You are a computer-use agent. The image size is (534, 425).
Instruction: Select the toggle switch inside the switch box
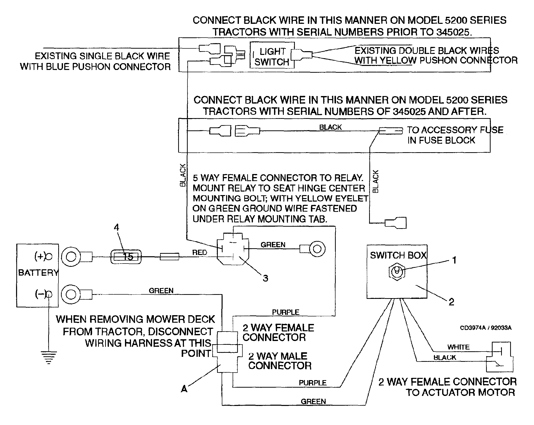coord(397,272)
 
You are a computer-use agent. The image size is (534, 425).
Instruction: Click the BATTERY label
coord(38,273)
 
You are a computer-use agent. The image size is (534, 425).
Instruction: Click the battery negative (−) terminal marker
coord(49,294)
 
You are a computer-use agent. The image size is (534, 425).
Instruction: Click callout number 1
coord(454,261)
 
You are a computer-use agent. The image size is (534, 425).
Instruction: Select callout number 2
coord(451,302)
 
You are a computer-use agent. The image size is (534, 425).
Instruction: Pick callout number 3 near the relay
coord(265,278)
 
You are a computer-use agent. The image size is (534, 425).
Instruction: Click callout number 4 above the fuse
coord(116,227)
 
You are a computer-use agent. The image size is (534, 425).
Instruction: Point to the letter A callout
coord(184,389)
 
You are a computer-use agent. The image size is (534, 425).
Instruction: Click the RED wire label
coord(199,252)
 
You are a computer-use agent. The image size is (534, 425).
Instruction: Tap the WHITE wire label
coord(458,347)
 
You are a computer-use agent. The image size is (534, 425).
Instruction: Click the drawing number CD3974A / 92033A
coord(486,328)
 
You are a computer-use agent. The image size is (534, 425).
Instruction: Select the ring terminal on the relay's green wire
coord(317,249)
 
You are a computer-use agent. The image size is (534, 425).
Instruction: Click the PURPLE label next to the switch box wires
coord(312,383)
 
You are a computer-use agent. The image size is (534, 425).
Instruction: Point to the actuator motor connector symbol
coord(499,357)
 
